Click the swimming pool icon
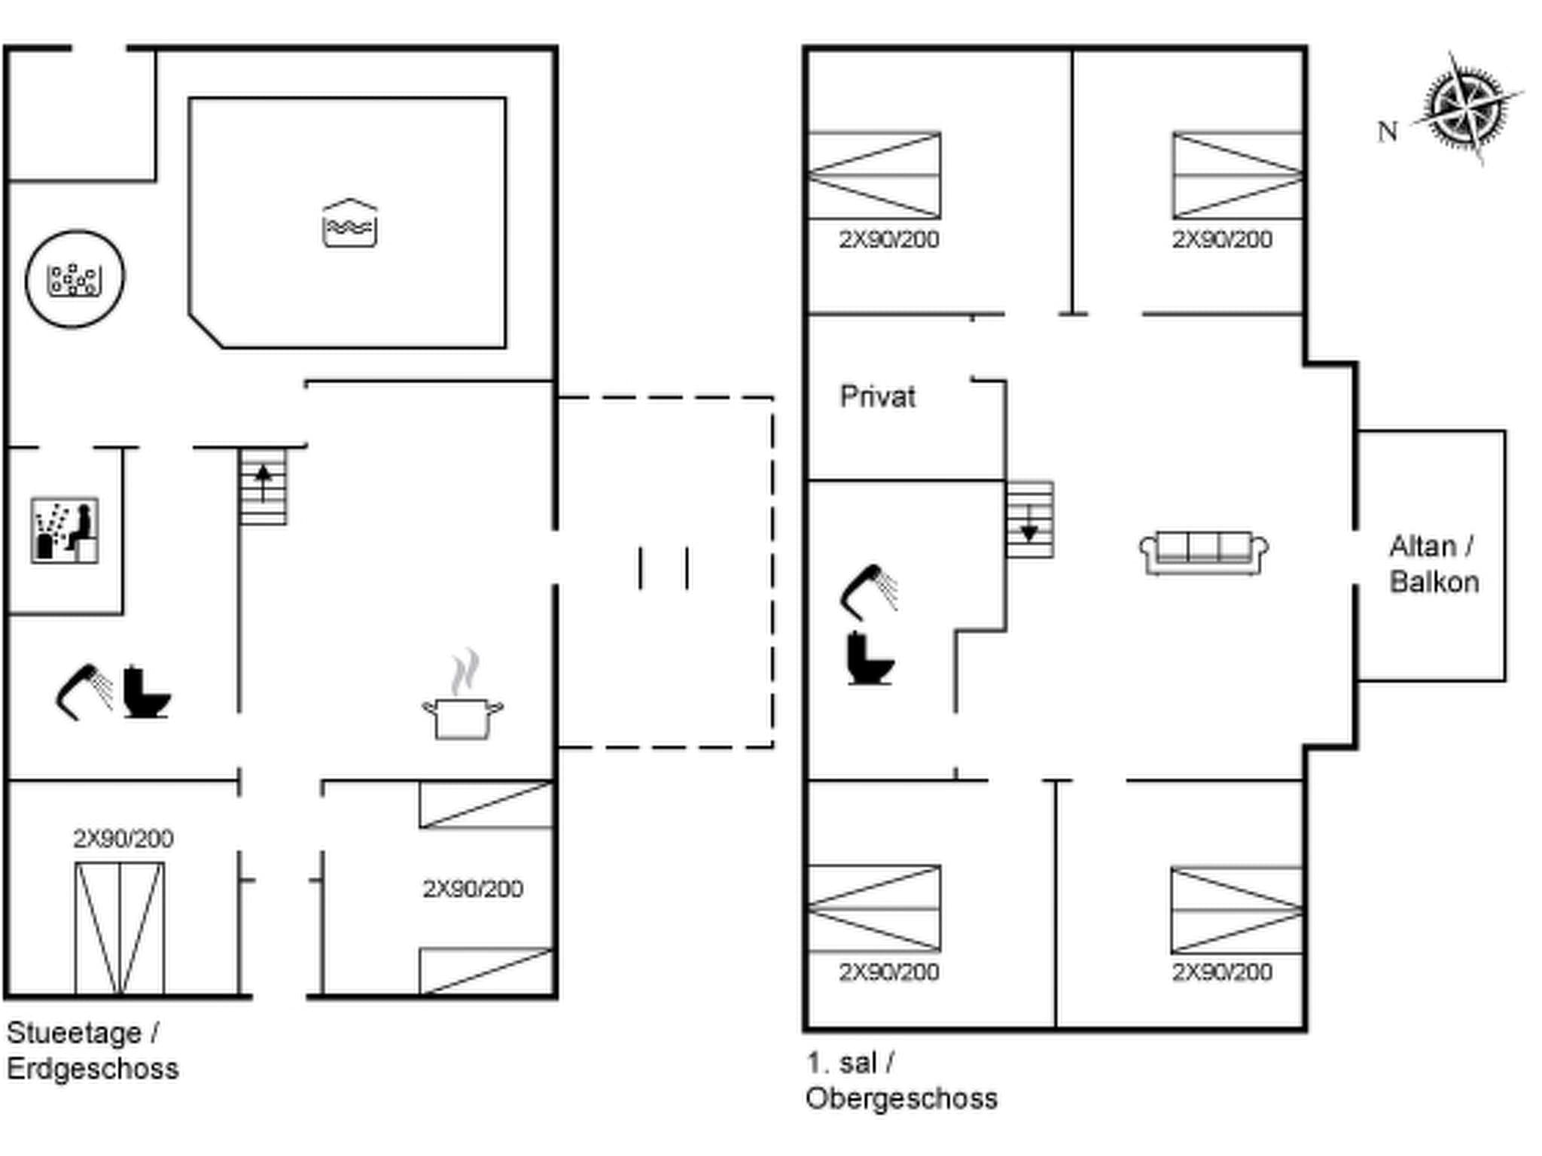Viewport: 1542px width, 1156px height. click(x=349, y=224)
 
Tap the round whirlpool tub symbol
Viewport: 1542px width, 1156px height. click(x=75, y=279)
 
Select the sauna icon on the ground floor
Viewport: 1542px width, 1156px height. click(x=65, y=530)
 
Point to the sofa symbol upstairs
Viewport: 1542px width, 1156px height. click(x=1203, y=553)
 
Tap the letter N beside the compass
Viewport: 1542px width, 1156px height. click(x=1387, y=132)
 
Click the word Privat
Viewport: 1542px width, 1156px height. click(x=877, y=397)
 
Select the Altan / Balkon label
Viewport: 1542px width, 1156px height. click(x=1433, y=564)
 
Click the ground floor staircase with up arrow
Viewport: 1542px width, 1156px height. click(x=264, y=486)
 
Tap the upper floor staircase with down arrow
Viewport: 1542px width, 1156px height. click(x=1030, y=520)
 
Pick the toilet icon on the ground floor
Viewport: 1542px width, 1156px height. click(x=145, y=692)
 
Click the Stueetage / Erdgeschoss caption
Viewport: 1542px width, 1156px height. click(x=92, y=1051)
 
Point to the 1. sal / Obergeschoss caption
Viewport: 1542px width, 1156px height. click(x=901, y=1081)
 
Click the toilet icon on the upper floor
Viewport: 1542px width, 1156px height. click(x=870, y=659)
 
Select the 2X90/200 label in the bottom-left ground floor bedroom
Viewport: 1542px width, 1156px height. click(x=123, y=838)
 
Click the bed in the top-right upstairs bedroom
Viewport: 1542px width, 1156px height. click(x=1237, y=175)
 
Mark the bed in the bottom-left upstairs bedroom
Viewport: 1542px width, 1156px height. click(x=874, y=908)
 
